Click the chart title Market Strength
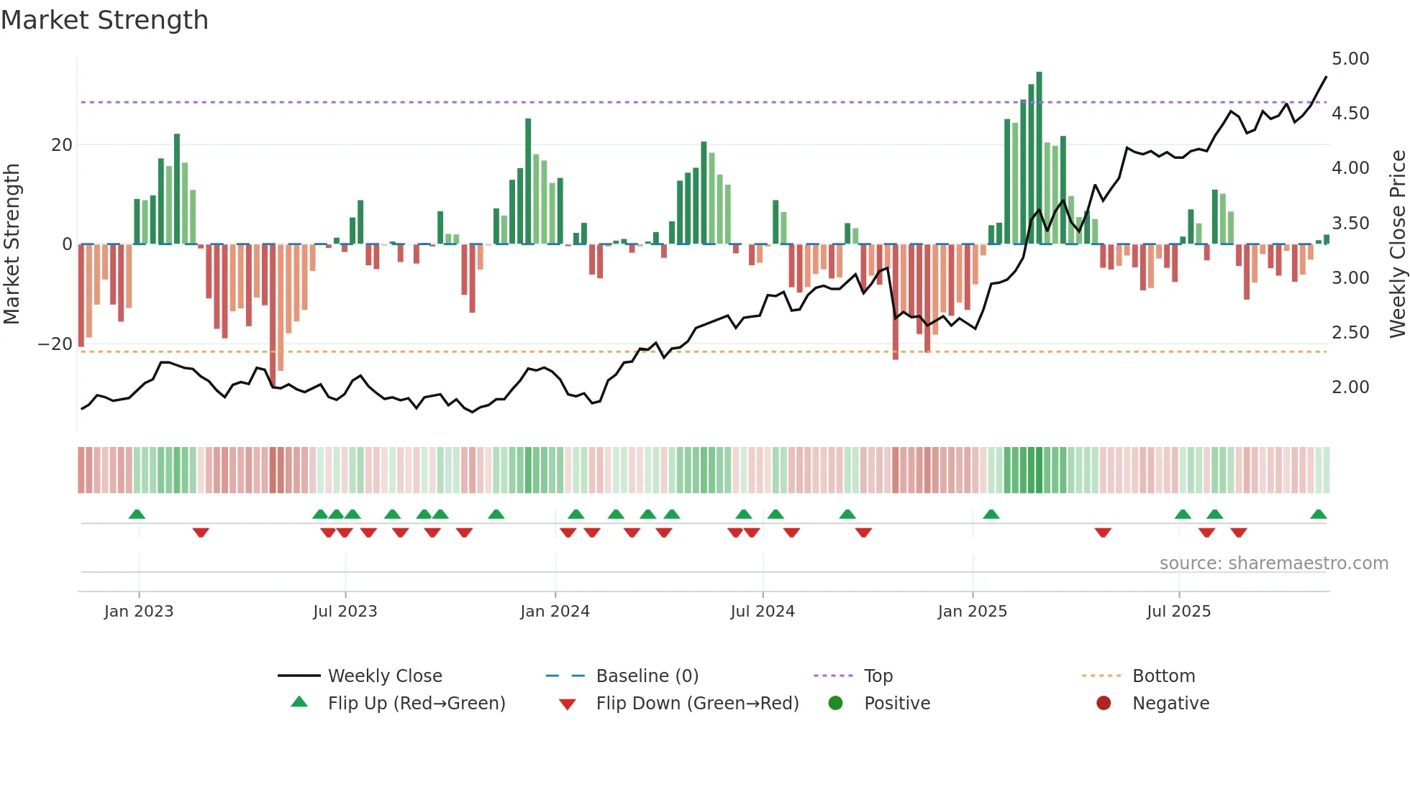click(x=104, y=20)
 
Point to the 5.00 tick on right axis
click(x=1350, y=59)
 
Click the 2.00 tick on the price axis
click(x=1350, y=387)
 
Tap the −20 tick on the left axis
click(x=55, y=344)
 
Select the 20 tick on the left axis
click(x=62, y=145)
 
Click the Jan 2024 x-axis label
click(x=555, y=612)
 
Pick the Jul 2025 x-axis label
click(x=1178, y=612)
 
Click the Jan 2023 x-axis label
click(x=139, y=612)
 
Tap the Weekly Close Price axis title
click(x=1397, y=244)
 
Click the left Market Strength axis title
click(x=12, y=244)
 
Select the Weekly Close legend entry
click(x=385, y=676)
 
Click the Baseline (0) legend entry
click(x=647, y=676)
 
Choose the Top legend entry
click(x=878, y=676)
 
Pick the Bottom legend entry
click(x=1163, y=676)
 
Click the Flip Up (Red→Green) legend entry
click(x=416, y=704)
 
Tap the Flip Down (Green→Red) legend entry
click(x=697, y=704)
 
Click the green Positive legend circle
click(x=835, y=704)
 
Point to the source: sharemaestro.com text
click(x=1273, y=563)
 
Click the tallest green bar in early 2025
click(x=1039, y=158)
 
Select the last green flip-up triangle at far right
click(x=1318, y=515)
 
